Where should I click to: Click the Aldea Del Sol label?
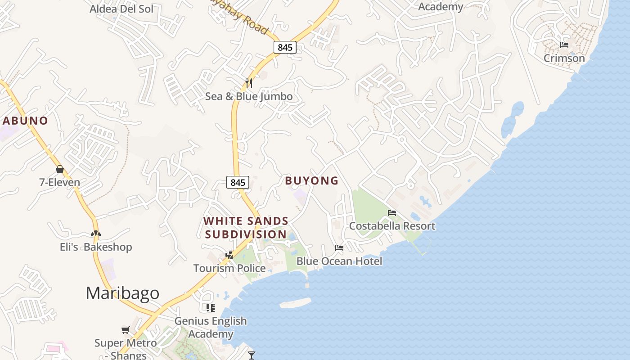(121, 9)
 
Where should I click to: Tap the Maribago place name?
(122, 293)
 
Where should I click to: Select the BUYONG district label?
(311, 180)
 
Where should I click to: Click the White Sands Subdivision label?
(246, 228)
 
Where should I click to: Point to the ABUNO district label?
(25, 121)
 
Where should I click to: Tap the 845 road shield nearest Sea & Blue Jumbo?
(285, 47)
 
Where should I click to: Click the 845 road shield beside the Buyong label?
(238, 182)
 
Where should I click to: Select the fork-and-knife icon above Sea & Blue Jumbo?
(248, 83)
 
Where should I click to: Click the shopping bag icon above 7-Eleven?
(59, 169)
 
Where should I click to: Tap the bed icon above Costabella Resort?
(392, 213)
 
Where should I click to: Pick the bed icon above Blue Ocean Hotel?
(339, 248)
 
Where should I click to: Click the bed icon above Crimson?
(564, 45)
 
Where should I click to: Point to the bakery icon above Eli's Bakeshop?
(96, 234)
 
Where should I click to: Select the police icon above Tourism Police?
(229, 255)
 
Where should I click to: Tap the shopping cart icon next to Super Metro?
(126, 330)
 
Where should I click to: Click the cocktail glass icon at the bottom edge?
(252, 355)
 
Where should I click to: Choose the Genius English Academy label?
(211, 327)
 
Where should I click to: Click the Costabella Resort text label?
(392, 226)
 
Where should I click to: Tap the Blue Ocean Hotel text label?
(339, 261)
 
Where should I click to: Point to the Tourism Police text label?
(229, 268)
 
